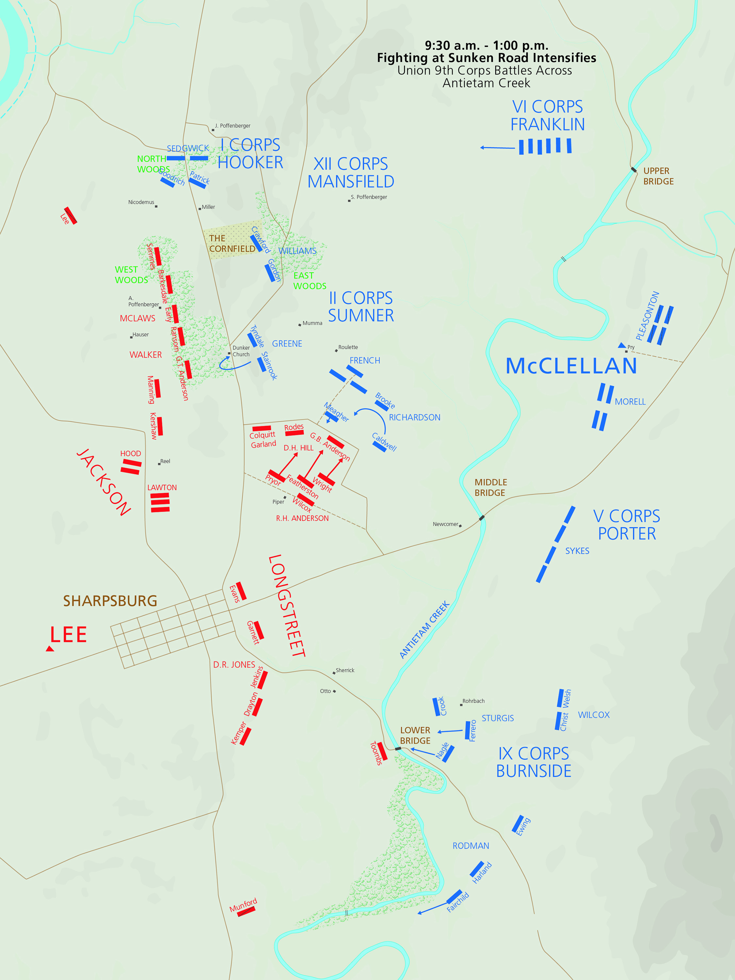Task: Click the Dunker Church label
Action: click(241, 351)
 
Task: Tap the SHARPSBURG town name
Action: click(110, 601)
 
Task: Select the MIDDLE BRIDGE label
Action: click(490, 487)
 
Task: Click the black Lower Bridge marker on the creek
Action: click(398, 748)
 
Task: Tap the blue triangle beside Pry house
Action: click(622, 345)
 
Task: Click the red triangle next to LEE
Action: click(50, 649)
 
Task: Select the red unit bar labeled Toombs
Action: click(382, 751)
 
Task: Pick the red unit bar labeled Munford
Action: click(246, 911)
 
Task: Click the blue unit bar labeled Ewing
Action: click(517, 824)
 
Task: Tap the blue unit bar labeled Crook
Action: click(436, 707)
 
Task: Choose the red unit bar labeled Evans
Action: click(241, 591)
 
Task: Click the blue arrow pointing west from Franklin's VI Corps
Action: click(497, 148)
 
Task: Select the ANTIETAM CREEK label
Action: click(424, 629)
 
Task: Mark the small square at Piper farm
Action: click(285, 498)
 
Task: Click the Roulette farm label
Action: click(348, 347)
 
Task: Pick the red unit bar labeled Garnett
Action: click(259, 630)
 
